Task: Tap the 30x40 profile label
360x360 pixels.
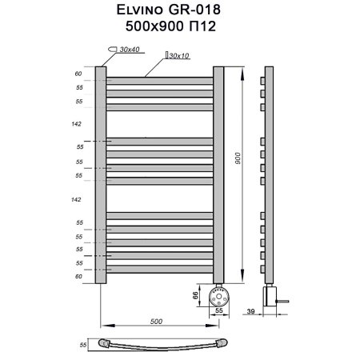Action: tap(129, 50)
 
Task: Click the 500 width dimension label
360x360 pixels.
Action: tap(156, 321)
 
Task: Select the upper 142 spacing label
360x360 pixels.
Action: tap(78, 124)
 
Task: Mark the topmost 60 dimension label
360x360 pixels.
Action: tap(78, 74)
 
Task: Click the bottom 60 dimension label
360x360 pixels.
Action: tap(78, 276)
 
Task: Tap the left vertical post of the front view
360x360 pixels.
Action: tap(101, 174)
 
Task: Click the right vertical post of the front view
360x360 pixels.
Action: tap(218, 174)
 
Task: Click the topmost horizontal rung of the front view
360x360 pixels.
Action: tap(159, 81)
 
